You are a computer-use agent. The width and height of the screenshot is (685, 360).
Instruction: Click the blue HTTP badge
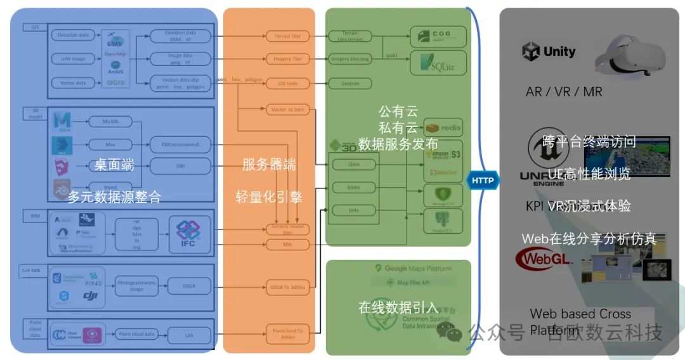(x=483, y=181)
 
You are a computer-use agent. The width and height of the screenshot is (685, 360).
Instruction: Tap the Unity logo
(x=549, y=51)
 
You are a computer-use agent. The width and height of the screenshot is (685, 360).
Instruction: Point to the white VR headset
(x=630, y=55)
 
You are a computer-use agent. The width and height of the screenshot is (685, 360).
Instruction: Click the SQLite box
(x=438, y=63)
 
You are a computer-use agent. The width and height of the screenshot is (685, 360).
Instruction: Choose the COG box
(x=438, y=37)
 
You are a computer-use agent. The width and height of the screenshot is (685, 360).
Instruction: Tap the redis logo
(x=443, y=128)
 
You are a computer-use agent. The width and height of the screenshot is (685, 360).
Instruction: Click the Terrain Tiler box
(x=288, y=37)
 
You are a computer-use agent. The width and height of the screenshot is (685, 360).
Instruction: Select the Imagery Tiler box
(x=288, y=60)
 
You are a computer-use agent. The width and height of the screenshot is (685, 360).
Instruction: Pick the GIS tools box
(x=288, y=83)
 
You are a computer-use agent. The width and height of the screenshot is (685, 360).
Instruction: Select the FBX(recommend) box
(x=180, y=145)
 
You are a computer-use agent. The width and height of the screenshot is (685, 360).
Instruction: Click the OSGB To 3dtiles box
(x=288, y=287)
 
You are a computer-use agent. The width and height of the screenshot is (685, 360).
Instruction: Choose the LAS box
(x=189, y=334)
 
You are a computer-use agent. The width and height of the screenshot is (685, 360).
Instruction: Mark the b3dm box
(x=353, y=188)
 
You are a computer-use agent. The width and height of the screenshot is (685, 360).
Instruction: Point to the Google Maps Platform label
(x=413, y=269)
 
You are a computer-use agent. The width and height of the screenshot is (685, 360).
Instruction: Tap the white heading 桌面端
(x=115, y=165)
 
